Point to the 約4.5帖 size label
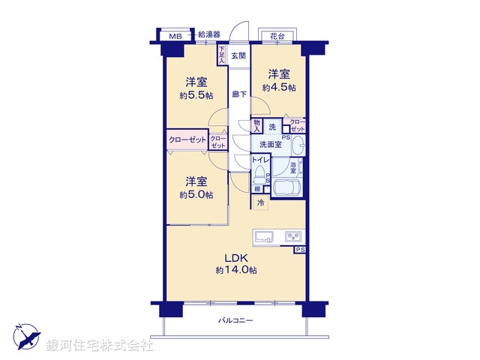278,87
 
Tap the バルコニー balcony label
235,320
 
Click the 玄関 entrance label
238,56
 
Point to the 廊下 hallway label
238,94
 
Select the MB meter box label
175,36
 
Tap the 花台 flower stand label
277,35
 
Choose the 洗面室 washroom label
271,144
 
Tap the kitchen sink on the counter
265,237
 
